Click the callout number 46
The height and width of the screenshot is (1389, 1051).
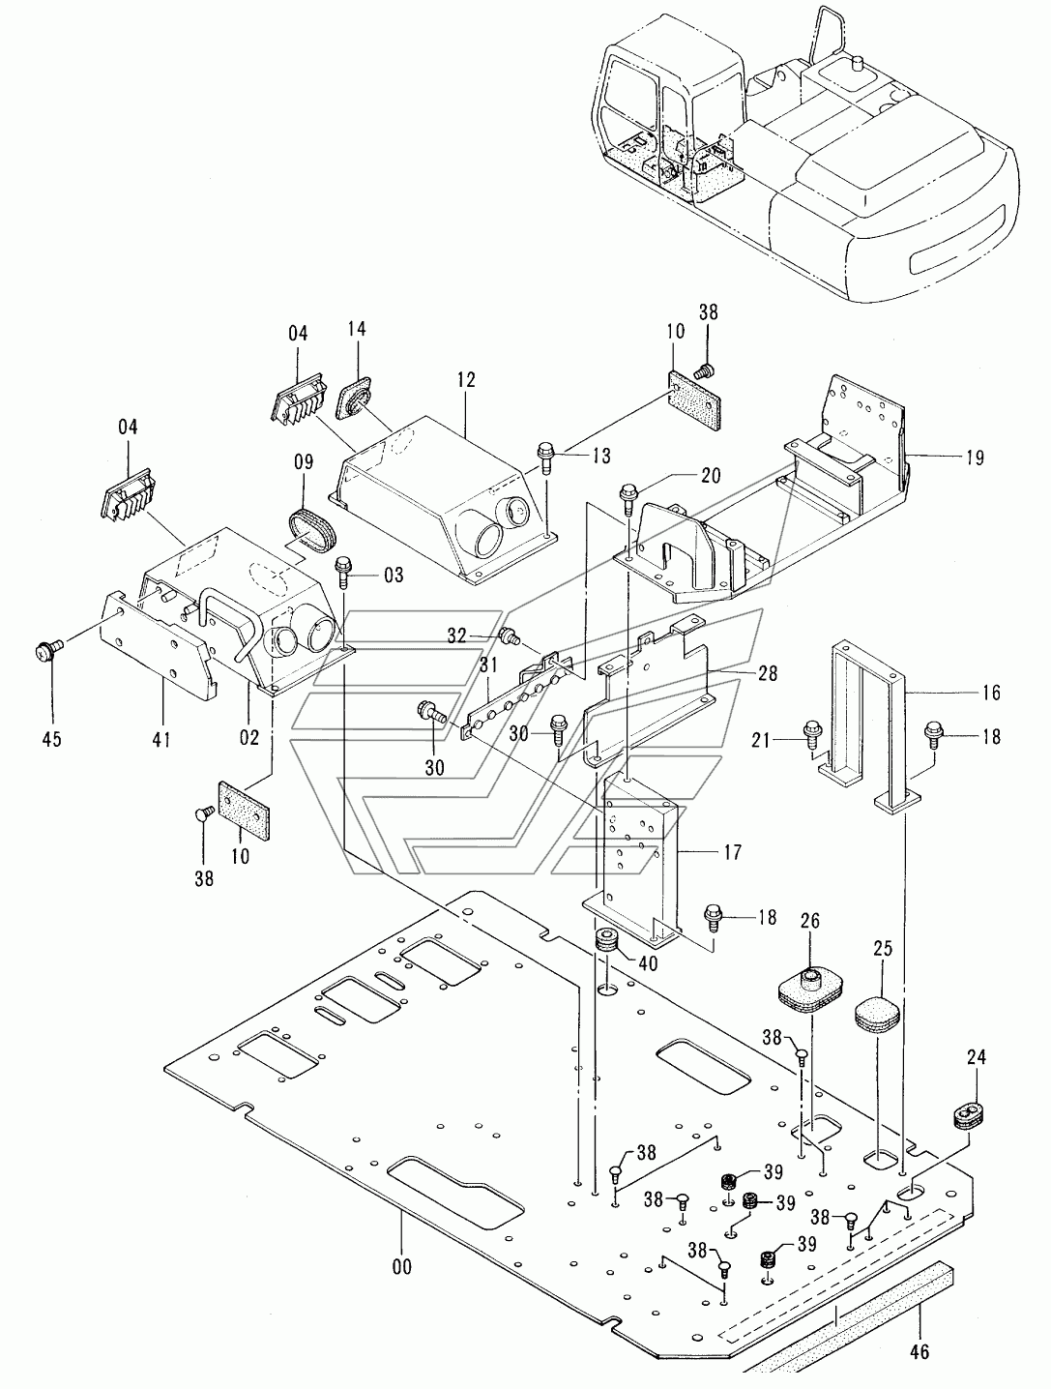[920, 1350]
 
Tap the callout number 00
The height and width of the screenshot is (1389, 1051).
[402, 1266]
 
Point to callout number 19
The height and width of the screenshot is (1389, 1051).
[976, 458]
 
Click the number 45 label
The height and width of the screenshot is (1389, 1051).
[52, 738]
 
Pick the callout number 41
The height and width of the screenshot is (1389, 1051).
[161, 738]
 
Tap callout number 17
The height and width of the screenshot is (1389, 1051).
[732, 852]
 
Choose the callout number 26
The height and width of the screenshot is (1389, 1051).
[810, 921]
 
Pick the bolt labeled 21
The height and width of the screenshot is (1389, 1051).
[812, 735]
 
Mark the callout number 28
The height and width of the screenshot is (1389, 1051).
[767, 672]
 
